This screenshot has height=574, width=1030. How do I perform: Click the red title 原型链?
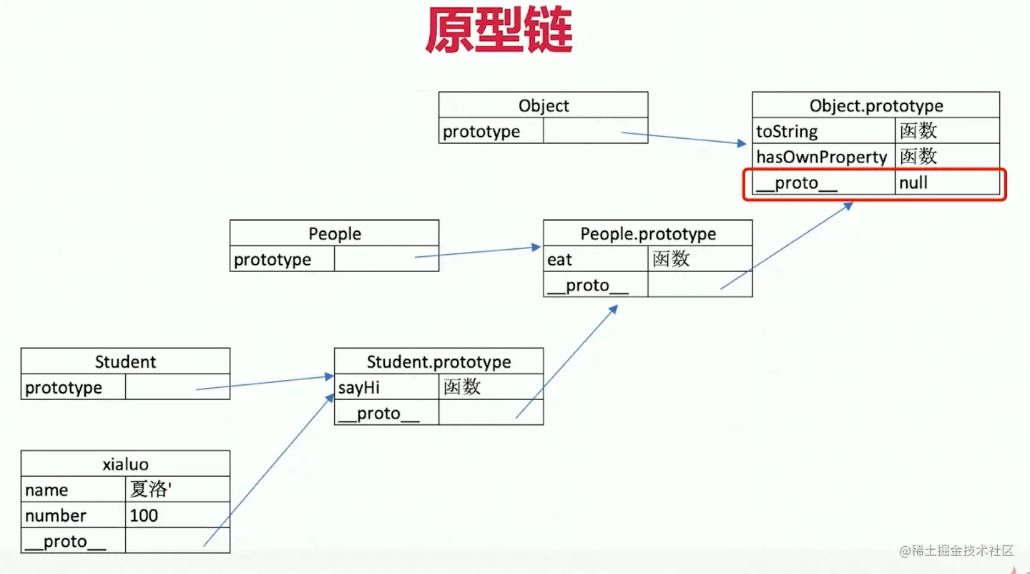click(x=499, y=30)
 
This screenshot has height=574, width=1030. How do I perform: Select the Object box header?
click(x=544, y=105)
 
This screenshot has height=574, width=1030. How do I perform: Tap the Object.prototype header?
click(x=876, y=105)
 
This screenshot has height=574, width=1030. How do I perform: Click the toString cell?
click(x=824, y=131)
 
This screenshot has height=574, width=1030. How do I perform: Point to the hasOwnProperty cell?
click(x=824, y=157)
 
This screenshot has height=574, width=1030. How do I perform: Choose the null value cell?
click(x=947, y=183)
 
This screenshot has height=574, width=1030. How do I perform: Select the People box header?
click(x=335, y=233)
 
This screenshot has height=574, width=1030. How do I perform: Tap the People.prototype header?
click(x=648, y=233)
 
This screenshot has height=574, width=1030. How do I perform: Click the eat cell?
click(x=596, y=259)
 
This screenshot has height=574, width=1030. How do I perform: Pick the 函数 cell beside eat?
click(x=700, y=259)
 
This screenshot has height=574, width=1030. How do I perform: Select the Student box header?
click(x=126, y=361)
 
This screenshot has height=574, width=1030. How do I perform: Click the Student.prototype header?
click(x=438, y=361)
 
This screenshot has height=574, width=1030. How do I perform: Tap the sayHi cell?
click(x=387, y=387)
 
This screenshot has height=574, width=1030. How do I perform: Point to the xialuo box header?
click(x=126, y=464)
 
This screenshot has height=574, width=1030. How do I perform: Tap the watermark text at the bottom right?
click(x=956, y=550)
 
